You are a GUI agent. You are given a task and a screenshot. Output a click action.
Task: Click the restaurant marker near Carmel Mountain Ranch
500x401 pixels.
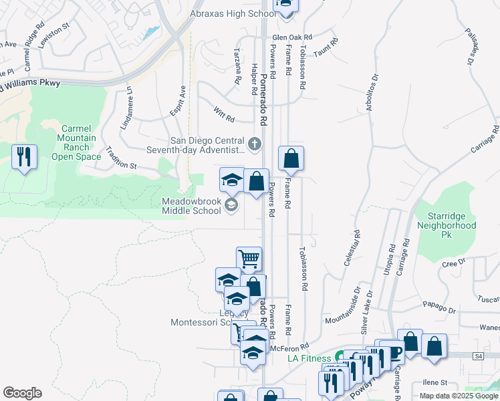[x=24, y=158]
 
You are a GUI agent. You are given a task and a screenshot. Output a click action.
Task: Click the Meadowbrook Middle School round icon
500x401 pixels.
[x=231, y=205]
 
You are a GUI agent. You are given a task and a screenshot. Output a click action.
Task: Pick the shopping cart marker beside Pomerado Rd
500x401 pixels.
[x=249, y=258]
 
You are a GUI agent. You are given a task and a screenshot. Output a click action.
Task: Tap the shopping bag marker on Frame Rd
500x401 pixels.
[x=291, y=159]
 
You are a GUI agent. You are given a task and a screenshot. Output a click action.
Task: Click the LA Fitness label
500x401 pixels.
[x=310, y=358]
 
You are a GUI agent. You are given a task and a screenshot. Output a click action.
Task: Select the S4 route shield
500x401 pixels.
[x=479, y=357]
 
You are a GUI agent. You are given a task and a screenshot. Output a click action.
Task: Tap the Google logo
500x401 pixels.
[x=22, y=393]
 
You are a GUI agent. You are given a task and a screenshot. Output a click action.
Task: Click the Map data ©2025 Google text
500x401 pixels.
[x=458, y=396]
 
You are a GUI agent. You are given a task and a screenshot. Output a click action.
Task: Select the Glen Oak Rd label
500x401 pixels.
[x=292, y=37]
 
